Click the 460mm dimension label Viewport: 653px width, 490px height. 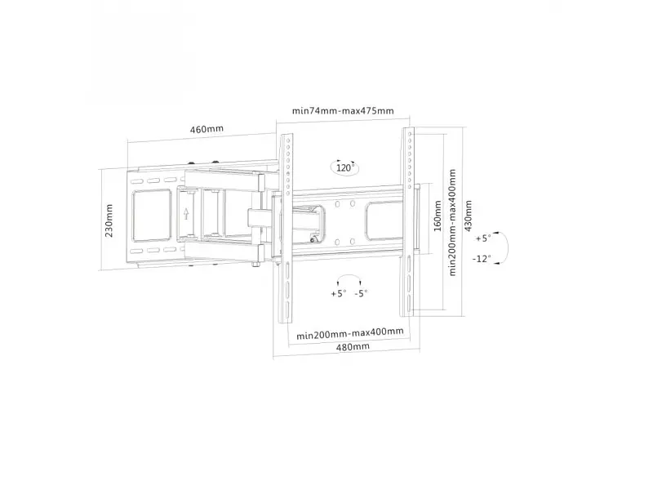pos(207,129)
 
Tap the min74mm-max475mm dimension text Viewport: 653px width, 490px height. pos(343,111)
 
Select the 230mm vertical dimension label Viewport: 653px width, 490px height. pos(109,220)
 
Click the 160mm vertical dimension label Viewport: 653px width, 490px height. pos(438,216)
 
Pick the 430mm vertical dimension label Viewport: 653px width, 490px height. pos(468,216)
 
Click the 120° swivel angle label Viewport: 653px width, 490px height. pos(344,168)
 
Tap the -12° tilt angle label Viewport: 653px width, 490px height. pos(482,259)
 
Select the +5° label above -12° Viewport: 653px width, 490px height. pos(483,238)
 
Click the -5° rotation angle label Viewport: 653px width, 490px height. pos(361,293)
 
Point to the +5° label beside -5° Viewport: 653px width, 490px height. pos(339,293)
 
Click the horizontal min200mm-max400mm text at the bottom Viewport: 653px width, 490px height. pos(350,333)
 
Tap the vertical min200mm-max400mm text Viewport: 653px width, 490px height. pos(453,222)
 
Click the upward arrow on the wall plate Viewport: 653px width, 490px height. pos(186,213)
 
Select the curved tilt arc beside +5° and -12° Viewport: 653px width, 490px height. pos(505,247)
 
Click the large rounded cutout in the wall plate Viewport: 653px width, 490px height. pos(152,216)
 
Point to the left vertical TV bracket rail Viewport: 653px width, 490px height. pos(287,229)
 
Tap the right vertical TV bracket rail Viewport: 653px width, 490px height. pos(407,221)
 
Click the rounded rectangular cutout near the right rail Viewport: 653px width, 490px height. pos(384,220)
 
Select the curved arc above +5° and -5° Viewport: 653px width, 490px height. pos(349,278)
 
